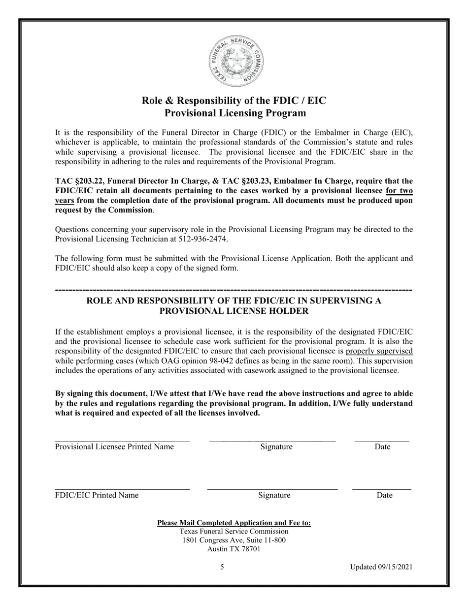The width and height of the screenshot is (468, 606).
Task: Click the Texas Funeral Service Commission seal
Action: click(235, 62)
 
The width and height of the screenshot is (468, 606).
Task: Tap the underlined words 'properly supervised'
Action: click(379, 351)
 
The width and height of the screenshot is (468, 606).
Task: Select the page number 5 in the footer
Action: click(222, 567)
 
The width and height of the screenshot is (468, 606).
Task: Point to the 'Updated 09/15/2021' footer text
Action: click(381, 567)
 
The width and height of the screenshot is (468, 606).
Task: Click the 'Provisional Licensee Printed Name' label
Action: click(114, 447)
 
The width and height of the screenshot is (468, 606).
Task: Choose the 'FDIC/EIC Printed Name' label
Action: click(97, 495)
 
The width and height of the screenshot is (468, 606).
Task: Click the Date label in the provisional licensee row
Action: click(382, 447)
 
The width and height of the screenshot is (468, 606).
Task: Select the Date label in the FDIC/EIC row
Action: click(384, 495)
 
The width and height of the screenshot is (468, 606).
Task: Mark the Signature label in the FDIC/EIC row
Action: click(274, 495)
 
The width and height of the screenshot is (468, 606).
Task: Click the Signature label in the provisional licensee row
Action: click(276, 447)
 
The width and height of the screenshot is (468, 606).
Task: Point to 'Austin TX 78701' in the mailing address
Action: click(234, 549)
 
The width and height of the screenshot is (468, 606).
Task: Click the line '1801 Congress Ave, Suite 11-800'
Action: click(234, 540)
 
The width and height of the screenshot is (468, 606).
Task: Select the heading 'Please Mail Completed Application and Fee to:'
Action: click(234, 523)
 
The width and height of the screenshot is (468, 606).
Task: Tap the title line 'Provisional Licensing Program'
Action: click(234, 113)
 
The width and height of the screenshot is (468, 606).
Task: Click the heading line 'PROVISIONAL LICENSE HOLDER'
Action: click(234, 311)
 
